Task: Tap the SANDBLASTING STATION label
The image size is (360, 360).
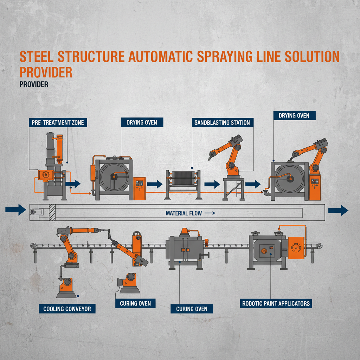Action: pos(222,123)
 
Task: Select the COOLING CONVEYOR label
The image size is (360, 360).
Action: pos(67,309)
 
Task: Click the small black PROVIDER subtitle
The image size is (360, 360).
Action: pos(34,85)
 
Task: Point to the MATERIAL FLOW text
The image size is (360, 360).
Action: pos(184,213)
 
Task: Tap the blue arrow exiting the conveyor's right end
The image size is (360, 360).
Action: pos(338,211)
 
